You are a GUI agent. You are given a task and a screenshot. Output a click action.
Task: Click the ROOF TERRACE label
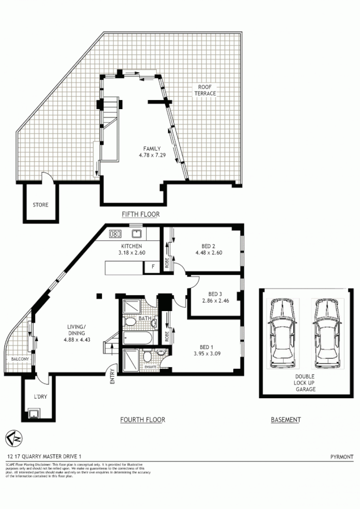204,89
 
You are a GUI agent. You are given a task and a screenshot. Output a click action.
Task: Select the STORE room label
40,205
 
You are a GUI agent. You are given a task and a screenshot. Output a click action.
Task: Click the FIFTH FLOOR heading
141,214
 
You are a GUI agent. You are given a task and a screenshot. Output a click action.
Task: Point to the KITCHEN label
131,247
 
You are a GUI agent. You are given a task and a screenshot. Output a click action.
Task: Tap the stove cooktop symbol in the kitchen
116,234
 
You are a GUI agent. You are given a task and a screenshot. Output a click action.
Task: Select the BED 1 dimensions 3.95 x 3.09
211,355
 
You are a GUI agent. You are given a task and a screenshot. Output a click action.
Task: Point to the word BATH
145,318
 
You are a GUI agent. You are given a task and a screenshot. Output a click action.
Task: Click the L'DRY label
40,397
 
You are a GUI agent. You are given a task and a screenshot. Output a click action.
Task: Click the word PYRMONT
341,455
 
